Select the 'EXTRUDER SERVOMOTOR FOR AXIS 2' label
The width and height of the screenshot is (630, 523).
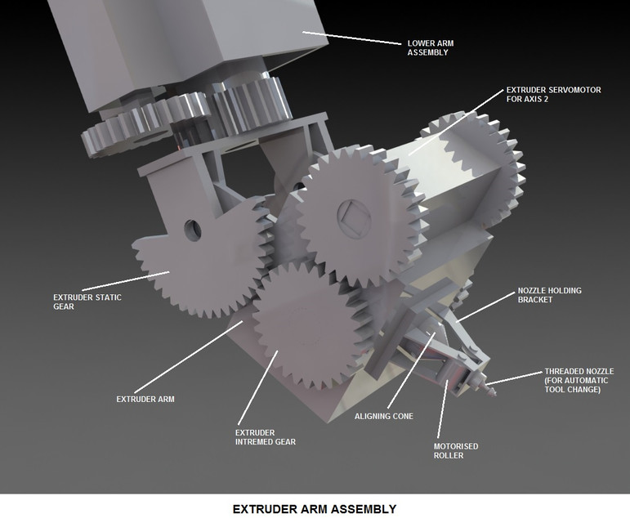coord(553,95)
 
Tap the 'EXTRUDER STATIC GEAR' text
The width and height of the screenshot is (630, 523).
coord(87,302)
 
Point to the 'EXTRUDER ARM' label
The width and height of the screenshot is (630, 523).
coord(146,399)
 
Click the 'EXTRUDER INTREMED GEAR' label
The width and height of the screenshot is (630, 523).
coord(265,436)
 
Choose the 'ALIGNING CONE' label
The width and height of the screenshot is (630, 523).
coord(383,416)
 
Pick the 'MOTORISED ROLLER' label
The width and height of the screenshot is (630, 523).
coord(455,450)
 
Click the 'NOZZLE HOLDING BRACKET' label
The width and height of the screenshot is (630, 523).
coord(549,295)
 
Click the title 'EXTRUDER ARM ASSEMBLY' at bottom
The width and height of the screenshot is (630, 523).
coord(315,509)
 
